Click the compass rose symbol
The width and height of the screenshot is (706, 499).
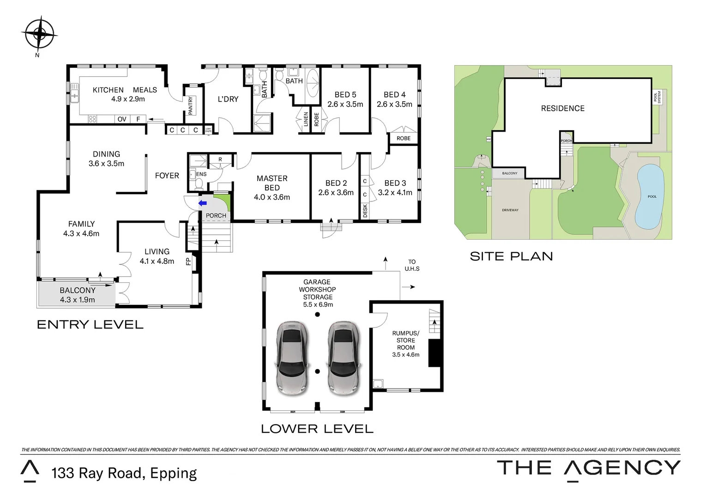click(39, 33)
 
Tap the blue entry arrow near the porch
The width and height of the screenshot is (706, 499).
click(202, 203)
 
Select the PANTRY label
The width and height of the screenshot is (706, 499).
click(190, 105)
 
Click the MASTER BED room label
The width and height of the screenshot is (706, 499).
click(272, 183)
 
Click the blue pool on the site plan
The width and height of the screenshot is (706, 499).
click(651, 196)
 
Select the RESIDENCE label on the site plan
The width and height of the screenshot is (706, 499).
click(562, 109)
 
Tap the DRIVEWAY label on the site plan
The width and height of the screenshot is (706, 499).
click(510, 210)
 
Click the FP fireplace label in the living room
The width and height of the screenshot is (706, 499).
click(188, 262)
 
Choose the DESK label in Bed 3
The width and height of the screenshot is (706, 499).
click(365, 211)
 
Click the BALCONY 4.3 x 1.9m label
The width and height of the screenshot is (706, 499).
click(77, 295)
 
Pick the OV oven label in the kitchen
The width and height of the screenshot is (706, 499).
click(122, 119)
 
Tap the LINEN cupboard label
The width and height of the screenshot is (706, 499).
click(306, 119)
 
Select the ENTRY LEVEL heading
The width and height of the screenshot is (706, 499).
click(90, 324)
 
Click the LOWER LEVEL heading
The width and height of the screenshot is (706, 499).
click(317, 429)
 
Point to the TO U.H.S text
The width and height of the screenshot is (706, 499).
click(412, 265)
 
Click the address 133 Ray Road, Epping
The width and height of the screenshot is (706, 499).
click(124, 473)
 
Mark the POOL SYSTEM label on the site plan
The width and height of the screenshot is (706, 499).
click(657, 97)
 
